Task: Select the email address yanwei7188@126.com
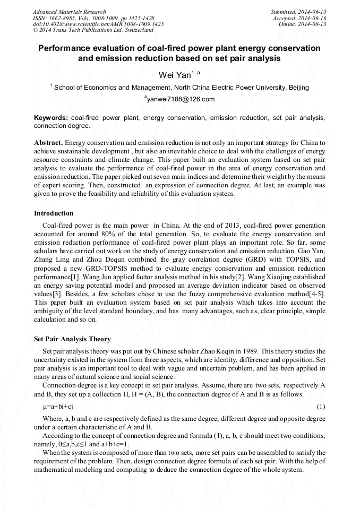tap(180, 99)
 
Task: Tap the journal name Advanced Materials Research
tap(69, 12)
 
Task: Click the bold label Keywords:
tap(51, 117)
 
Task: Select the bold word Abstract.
tap(48, 143)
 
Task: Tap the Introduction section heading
tap(54, 213)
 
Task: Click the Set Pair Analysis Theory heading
tap(72, 339)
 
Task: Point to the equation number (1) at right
tap(321, 407)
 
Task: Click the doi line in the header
tap(98, 24)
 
